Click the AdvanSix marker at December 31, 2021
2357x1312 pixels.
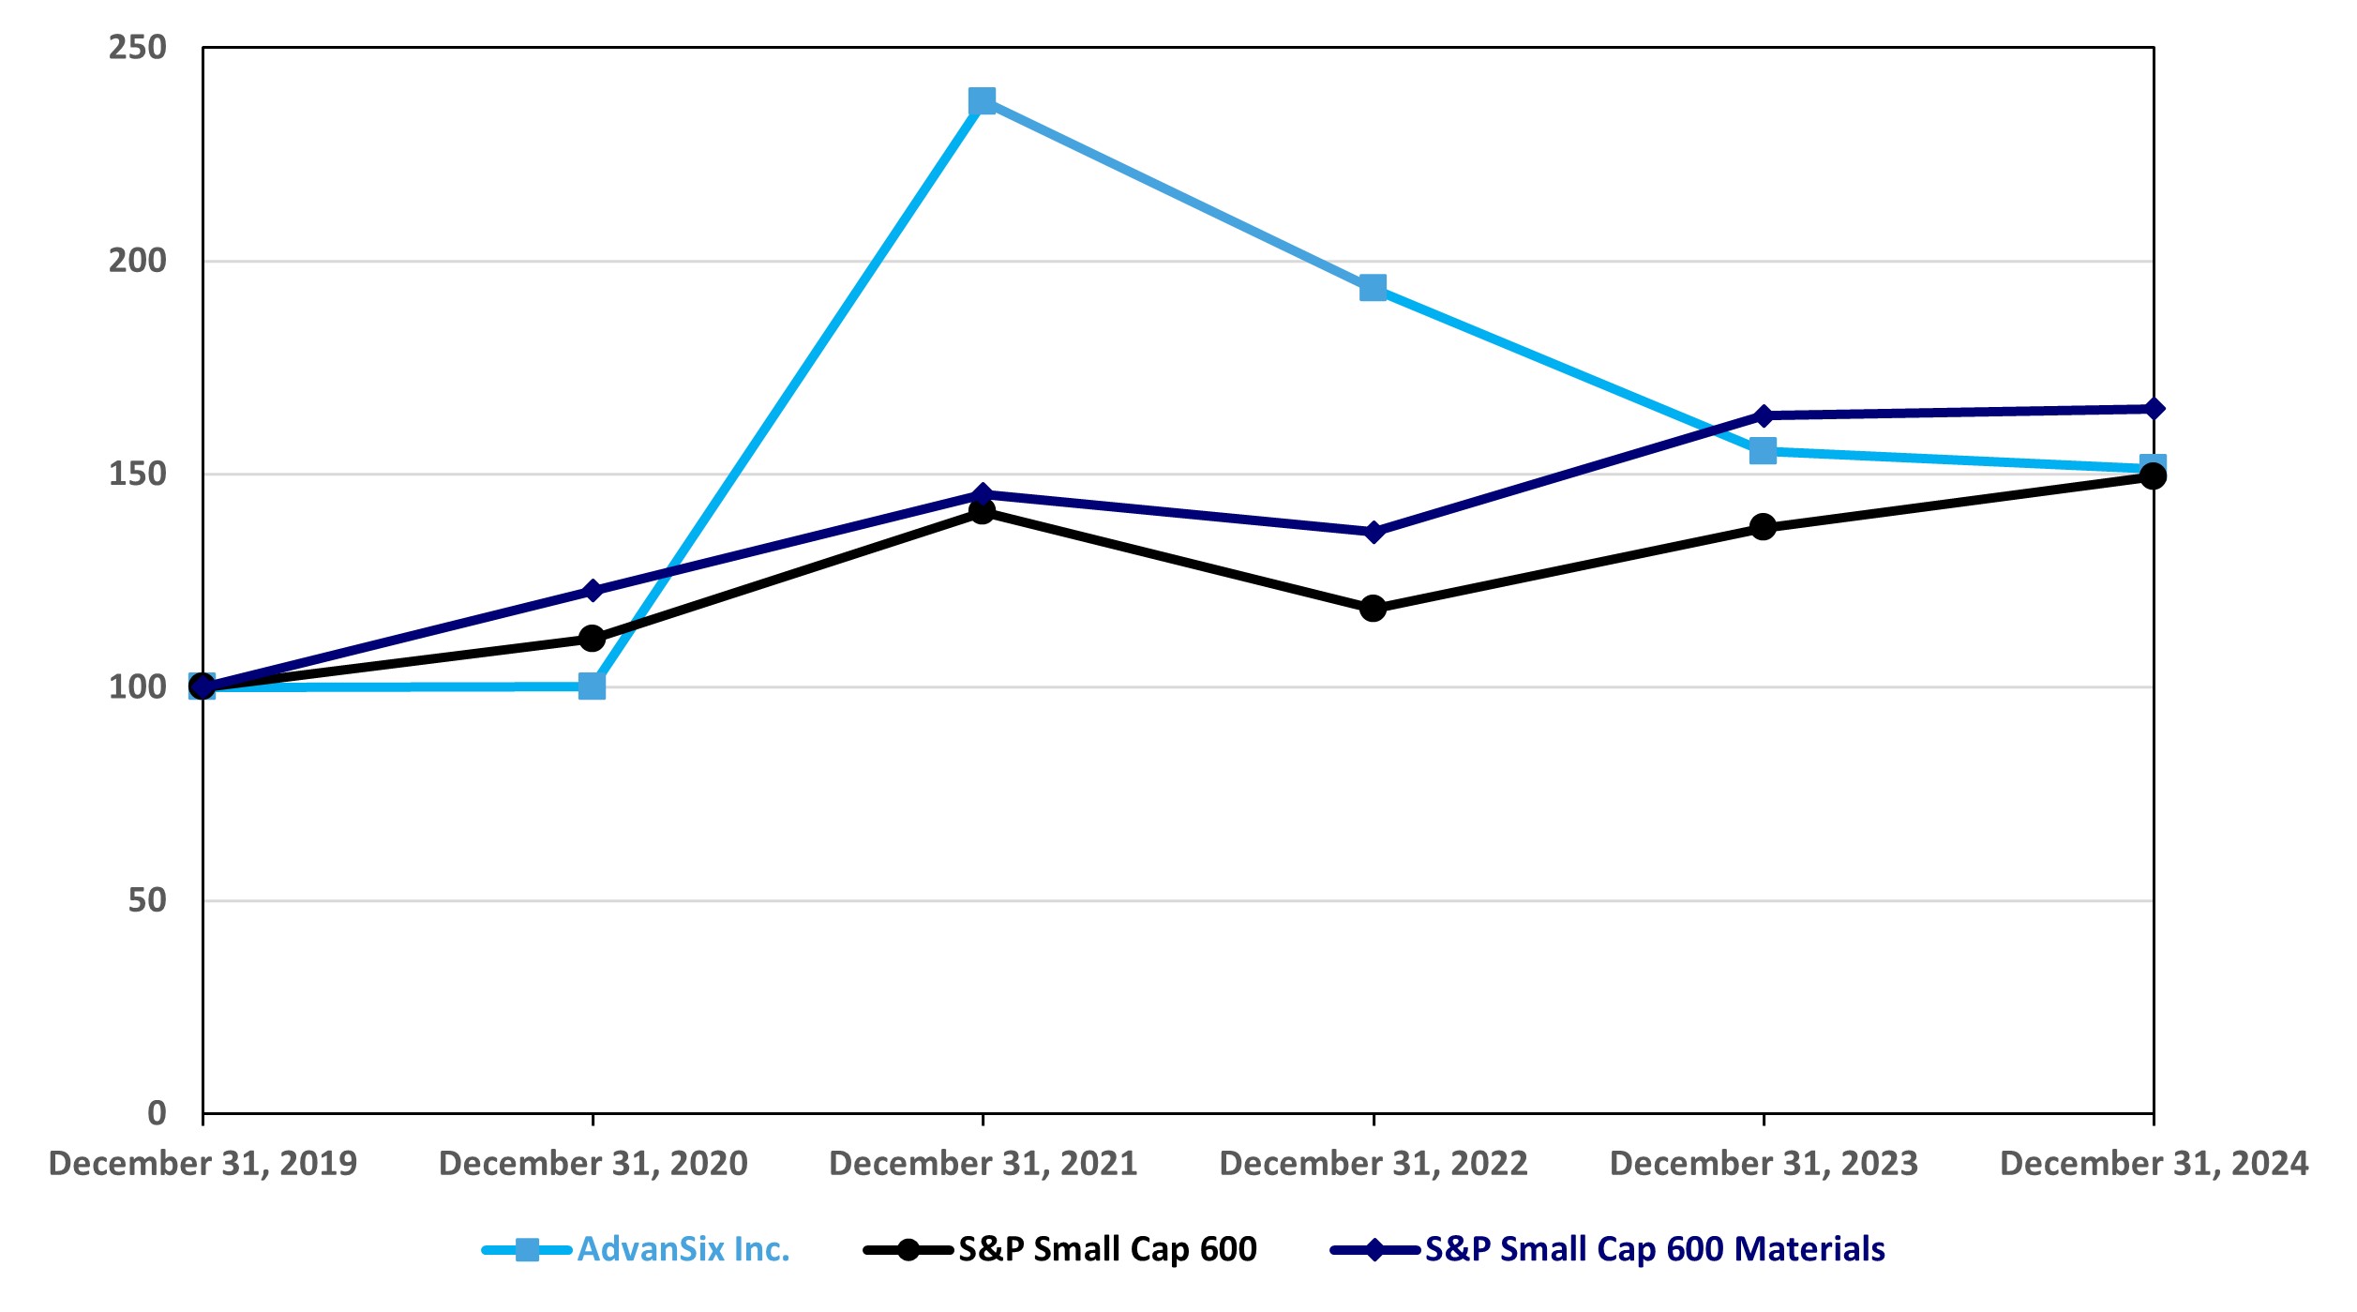coord(982,100)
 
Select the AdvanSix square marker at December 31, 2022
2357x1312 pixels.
coord(1373,288)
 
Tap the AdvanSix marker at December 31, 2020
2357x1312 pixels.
coord(592,686)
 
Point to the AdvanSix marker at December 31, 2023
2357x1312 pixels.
coord(1763,451)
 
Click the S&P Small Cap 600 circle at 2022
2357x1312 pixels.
coord(1373,609)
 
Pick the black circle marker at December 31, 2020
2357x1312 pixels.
coord(592,639)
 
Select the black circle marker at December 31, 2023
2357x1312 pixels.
coord(1763,527)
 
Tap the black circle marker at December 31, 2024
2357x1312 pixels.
coord(2153,476)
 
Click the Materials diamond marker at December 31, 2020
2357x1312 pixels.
coord(592,591)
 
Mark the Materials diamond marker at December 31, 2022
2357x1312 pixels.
coord(1373,532)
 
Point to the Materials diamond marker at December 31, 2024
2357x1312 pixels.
coord(2154,409)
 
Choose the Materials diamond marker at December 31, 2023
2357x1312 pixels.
coord(1763,415)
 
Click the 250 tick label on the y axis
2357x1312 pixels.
coord(137,47)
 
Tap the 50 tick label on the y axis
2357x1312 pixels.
coord(147,900)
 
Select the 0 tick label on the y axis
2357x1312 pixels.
coord(157,1113)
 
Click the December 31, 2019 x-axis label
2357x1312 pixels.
coord(203,1164)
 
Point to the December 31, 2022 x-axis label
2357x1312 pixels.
coord(1373,1164)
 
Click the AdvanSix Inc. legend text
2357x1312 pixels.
coord(683,1249)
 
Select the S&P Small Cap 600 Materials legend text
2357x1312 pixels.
coord(1654,1249)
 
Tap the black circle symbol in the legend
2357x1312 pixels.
coord(908,1250)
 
